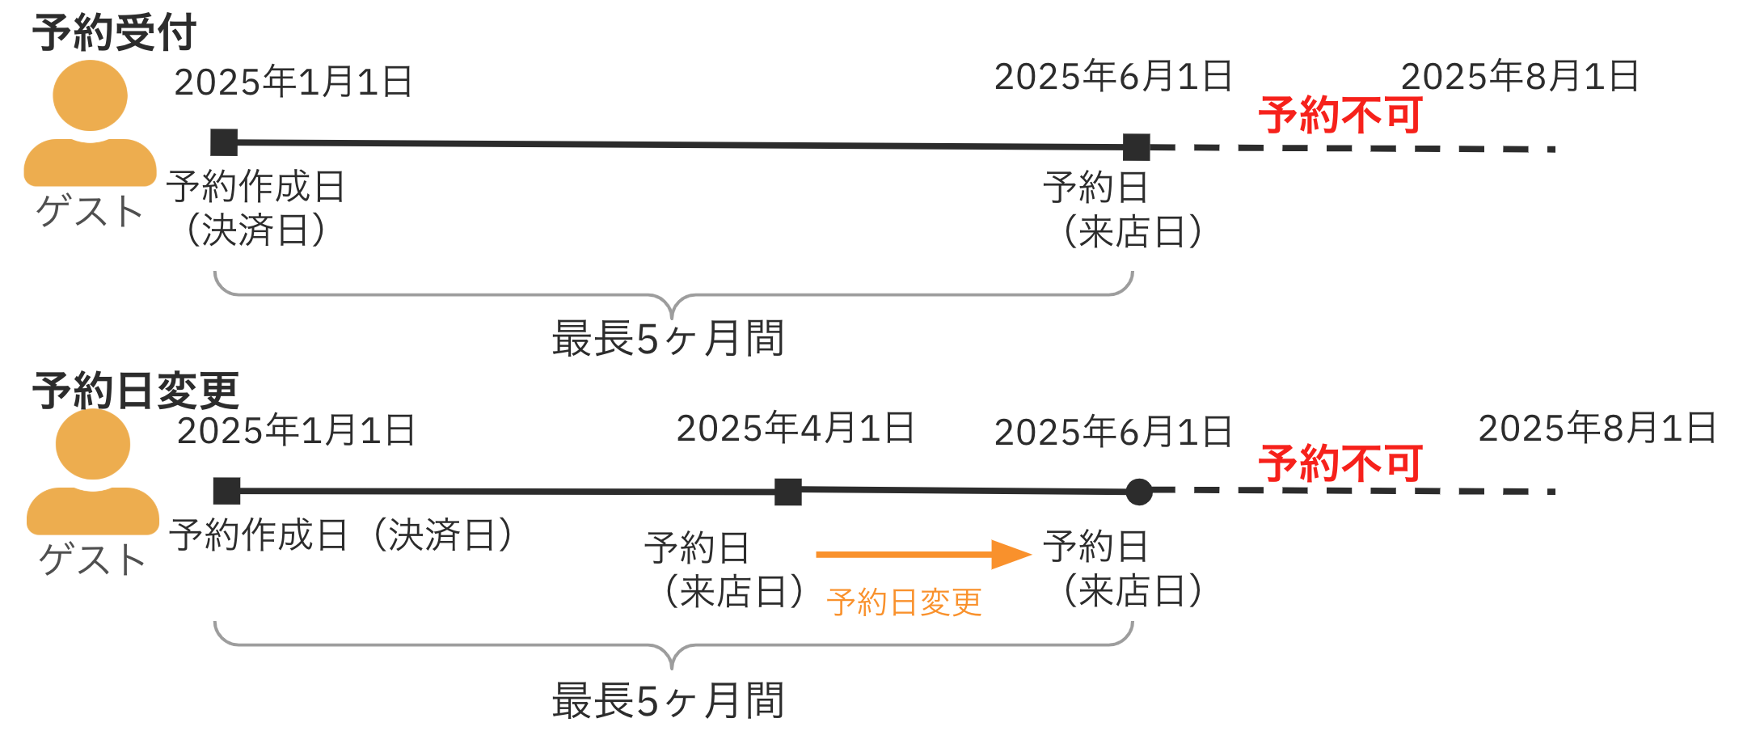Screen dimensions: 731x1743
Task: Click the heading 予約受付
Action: (114, 33)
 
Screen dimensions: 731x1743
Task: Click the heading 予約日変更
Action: (135, 391)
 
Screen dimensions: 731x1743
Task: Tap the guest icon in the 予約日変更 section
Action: (93, 472)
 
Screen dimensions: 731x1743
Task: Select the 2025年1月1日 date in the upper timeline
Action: (293, 82)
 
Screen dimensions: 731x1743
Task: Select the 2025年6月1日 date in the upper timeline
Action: (1113, 78)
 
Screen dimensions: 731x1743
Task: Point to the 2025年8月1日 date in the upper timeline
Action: (1520, 78)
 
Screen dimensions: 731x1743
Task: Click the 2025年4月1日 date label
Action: (796, 429)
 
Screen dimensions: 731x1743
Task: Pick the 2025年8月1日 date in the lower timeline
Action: (1597, 429)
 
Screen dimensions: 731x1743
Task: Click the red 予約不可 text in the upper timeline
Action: (1340, 116)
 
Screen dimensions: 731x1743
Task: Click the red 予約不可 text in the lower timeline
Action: (1340, 464)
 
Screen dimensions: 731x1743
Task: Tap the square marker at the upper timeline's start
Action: (224, 142)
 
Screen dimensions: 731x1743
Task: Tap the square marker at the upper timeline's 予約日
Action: (1136, 147)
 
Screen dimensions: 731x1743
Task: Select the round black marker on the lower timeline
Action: (1139, 492)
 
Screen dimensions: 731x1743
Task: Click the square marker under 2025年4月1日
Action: (788, 492)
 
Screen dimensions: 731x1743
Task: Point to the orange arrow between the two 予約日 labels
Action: (922, 555)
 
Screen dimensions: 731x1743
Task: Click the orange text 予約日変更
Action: (904, 603)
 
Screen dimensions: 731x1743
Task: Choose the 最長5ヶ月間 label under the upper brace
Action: (668, 339)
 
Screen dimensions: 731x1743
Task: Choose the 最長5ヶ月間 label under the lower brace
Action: (668, 701)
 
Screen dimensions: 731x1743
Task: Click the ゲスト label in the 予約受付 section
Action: (90, 212)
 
